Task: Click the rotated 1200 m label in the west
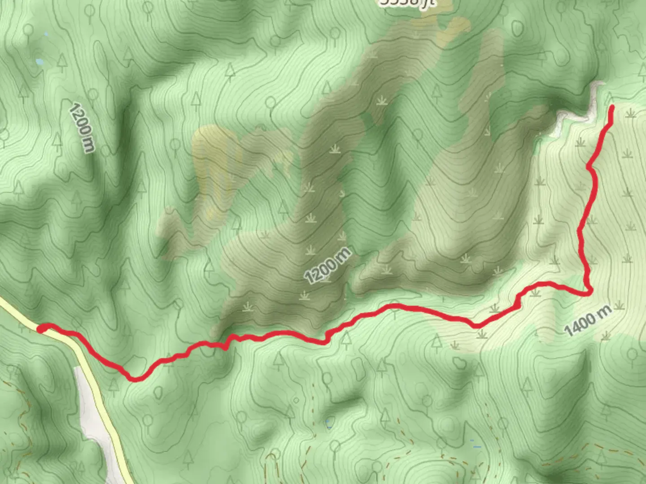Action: [x=83, y=128]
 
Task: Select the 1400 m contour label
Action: [x=588, y=320]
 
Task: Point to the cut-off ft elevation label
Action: [x=406, y=3]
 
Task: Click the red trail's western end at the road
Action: [x=40, y=329]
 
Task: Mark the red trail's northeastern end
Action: [x=612, y=107]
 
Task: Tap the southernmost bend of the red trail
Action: [x=135, y=379]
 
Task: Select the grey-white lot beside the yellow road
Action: [x=92, y=412]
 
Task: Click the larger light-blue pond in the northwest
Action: [x=39, y=61]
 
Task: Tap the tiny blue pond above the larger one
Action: [x=46, y=34]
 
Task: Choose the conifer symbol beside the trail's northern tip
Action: [x=610, y=97]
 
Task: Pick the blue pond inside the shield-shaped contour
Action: [x=329, y=423]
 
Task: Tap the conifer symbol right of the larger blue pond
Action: [x=62, y=63]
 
